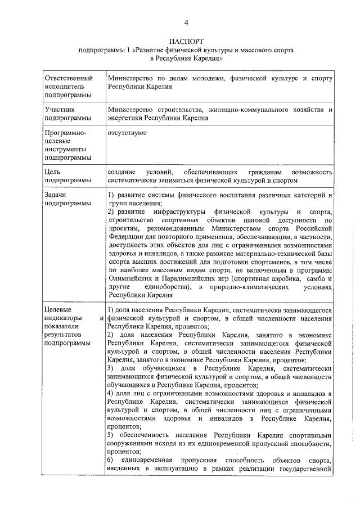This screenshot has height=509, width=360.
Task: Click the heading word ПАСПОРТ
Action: coord(185,42)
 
